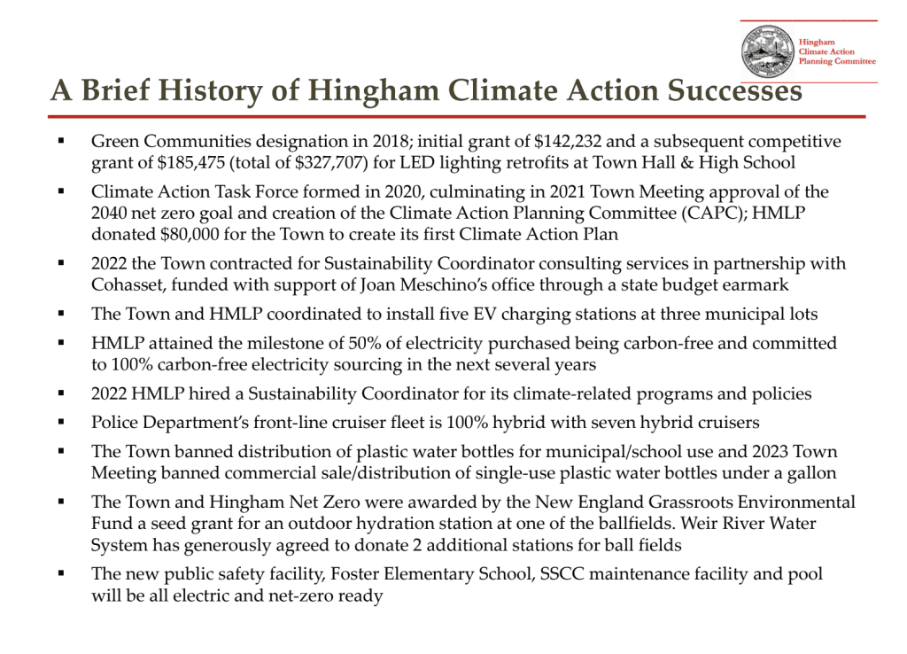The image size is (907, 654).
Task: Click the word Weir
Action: pos(702,524)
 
